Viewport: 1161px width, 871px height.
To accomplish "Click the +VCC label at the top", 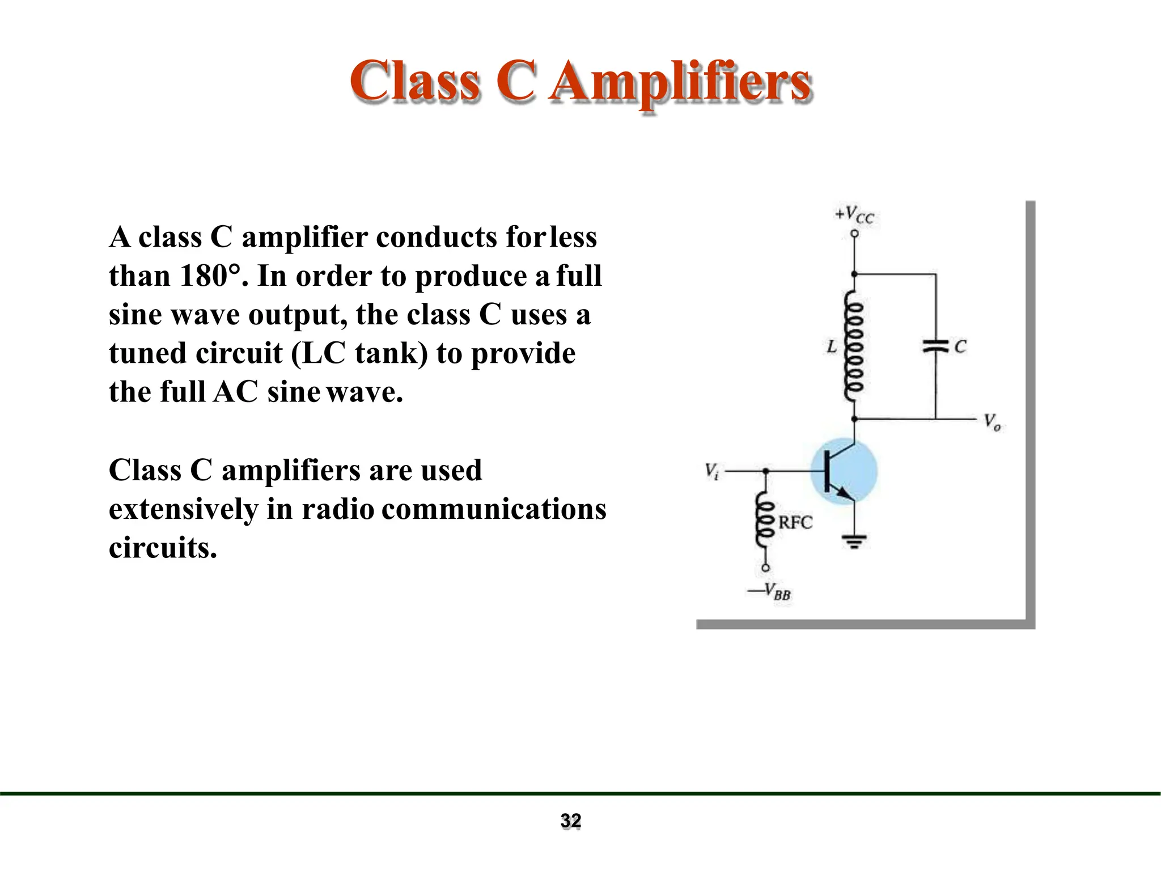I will coord(854,215).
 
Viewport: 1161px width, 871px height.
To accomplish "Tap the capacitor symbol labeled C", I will coord(935,346).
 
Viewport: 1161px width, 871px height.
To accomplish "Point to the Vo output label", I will coord(992,422).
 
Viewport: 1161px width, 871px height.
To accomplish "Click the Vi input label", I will coord(712,471).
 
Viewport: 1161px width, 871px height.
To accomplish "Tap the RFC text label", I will coord(795,522).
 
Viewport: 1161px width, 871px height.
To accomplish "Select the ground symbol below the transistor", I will coord(854,542).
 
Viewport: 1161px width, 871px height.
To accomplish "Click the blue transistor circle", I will coord(844,471).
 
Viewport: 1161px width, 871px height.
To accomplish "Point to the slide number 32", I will coord(571,821).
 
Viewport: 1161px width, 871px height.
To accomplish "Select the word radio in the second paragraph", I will coord(338,509).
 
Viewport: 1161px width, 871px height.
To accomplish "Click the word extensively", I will coord(183,509).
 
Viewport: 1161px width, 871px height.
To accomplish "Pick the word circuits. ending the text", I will coord(163,548).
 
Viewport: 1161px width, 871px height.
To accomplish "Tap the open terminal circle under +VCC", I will coord(854,234).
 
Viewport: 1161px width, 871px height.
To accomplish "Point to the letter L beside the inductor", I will coord(832,346).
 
